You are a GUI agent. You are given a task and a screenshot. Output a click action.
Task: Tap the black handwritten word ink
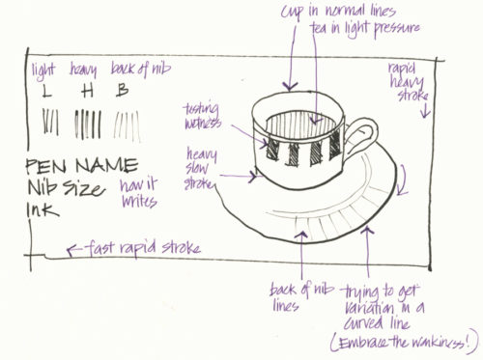(x=43, y=208)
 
